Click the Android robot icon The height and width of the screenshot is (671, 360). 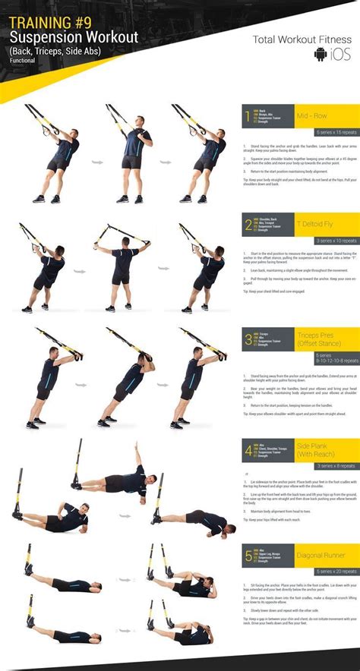pos(320,54)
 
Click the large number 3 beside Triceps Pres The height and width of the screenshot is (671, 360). pos(248,339)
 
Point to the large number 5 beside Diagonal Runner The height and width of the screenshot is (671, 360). pos(248,557)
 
